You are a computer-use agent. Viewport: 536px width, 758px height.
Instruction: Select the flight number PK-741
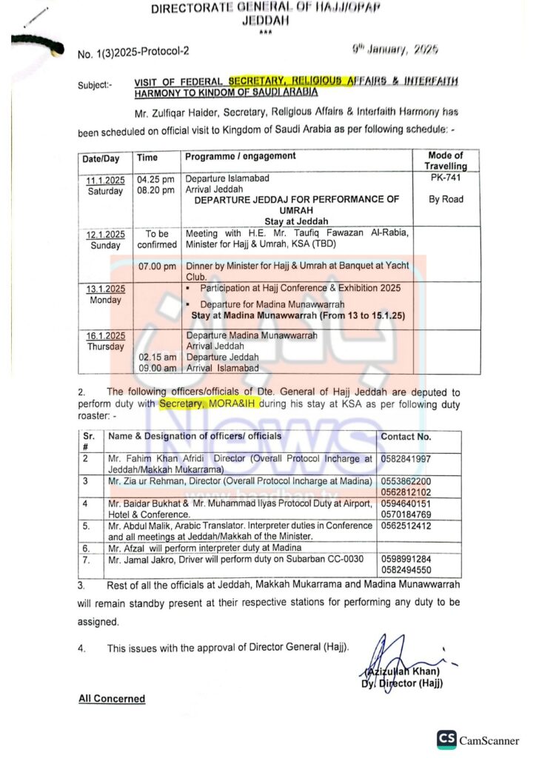445,178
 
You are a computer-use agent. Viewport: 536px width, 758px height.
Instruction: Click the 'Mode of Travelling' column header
446,161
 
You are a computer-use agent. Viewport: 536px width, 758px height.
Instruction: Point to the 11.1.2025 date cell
105,179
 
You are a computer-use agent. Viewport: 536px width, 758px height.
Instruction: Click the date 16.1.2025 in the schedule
105,335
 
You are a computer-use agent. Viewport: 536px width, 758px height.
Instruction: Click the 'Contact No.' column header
406,437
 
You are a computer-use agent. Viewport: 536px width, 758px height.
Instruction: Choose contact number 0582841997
406,460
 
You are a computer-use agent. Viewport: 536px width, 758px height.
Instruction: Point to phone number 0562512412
406,526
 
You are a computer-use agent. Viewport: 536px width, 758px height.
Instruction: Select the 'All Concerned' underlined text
112,698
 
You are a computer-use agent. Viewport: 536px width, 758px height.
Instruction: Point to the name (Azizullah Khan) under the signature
403,671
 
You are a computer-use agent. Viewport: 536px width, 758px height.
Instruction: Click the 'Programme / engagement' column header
241,156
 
